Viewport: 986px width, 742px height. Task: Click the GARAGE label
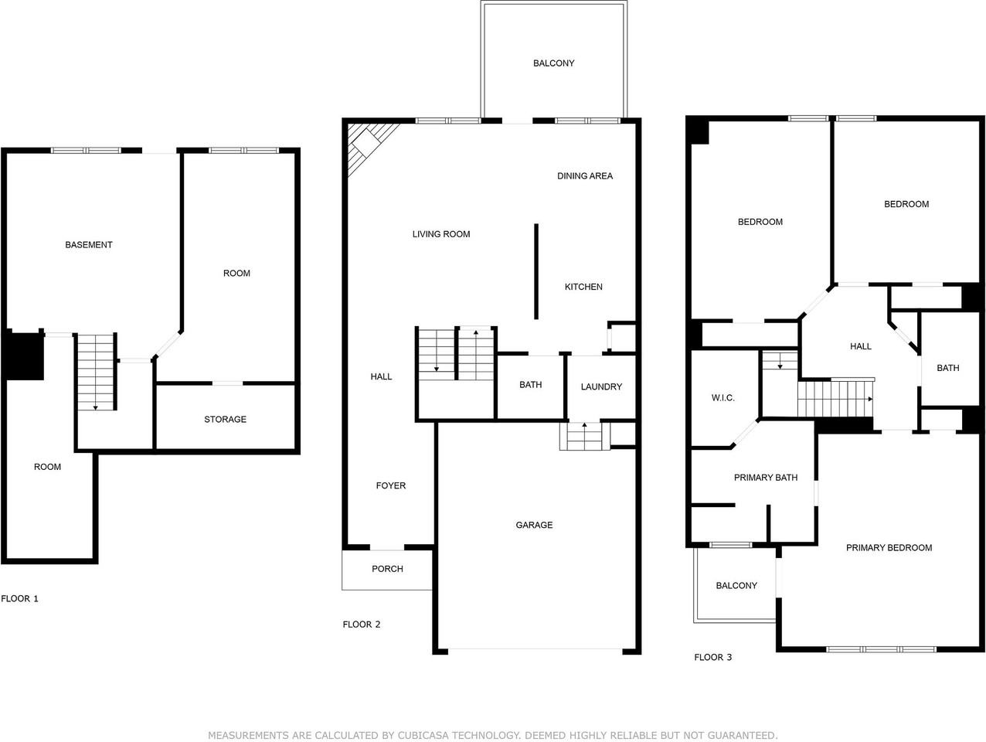pos(534,526)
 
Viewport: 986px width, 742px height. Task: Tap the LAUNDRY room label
pos(601,387)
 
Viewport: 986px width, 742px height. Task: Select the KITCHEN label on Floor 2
pos(583,287)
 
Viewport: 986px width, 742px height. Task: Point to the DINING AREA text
pos(585,176)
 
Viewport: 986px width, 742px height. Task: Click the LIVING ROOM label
pos(441,234)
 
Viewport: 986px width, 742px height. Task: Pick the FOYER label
pos(391,486)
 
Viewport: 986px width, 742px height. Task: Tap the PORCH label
pos(387,569)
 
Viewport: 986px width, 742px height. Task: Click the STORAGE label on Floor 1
pos(225,420)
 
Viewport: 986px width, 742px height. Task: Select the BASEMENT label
pos(89,245)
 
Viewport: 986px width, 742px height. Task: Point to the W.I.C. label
pos(723,398)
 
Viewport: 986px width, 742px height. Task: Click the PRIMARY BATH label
pos(766,478)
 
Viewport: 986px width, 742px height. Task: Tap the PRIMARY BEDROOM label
pos(889,548)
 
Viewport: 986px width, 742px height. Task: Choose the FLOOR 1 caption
pos(19,599)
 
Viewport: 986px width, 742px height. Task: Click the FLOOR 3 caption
pos(712,658)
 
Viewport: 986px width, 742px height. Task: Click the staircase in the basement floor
pos(97,371)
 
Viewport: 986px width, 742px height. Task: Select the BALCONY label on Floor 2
pos(553,63)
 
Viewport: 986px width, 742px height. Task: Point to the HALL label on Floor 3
pos(861,347)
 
